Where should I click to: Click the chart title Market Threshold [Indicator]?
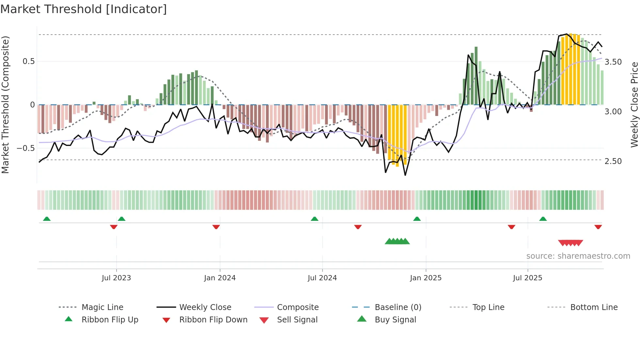(x=84, y=9)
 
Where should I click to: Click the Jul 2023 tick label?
(x=116, y=278)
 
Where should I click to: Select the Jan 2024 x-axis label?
(x=220, y=278)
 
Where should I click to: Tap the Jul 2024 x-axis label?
(x=322, y=278)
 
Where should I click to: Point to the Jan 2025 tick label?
(x=426, y=278)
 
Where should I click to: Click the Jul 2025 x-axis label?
(x=528, y=278)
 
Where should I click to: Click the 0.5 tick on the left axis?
(x=29, y=61)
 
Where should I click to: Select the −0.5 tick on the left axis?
(x=26, y=148)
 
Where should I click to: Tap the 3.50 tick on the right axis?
(x=613, y=62)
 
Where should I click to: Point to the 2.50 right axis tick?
(x=613, y=161)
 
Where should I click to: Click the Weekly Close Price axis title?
(x=634, y=105)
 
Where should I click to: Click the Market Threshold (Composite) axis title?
(x=6, y=105)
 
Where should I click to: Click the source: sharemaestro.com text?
(x=578, y=256)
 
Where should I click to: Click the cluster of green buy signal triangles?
(x=397, y=241)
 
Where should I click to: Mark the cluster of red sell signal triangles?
(x=570, y=243)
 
